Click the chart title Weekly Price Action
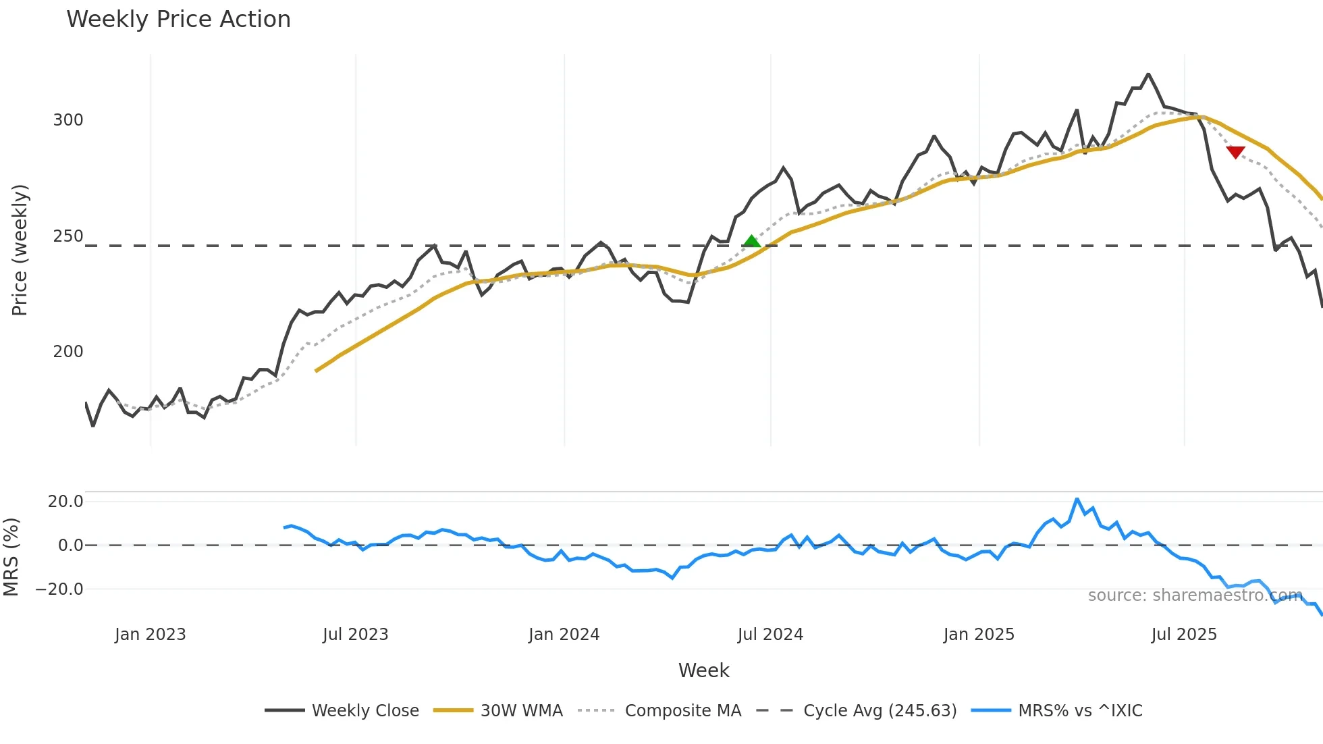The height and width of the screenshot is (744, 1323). [178, 20]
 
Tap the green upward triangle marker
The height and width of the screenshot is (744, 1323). [751, 241]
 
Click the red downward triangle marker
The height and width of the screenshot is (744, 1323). [1235, 153]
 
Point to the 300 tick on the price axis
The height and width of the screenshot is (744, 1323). [68, 120]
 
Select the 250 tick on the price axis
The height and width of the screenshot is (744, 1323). [68, 236]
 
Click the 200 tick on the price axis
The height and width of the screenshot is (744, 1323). [68, 352]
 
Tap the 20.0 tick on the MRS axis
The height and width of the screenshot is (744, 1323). [65, 502]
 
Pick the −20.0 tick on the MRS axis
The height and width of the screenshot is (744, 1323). [59, 589]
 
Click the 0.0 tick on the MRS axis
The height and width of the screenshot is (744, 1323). [71, 546]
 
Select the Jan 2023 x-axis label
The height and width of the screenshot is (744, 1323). [150, 635]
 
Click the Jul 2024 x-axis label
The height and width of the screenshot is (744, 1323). [770, 635]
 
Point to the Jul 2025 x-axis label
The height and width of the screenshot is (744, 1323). [1184, 635]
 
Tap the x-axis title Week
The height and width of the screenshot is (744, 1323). [703, 670]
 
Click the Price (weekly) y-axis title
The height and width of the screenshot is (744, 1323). [20, 250]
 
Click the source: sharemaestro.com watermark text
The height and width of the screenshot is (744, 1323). [1195, 595]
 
